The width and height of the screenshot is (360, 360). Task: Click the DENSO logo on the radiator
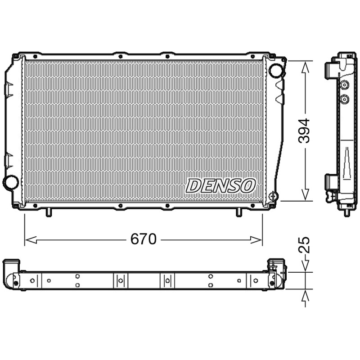pos(220,185)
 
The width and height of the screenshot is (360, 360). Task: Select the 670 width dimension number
pos(144,239)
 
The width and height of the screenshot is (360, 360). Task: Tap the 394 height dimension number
pos(304,130)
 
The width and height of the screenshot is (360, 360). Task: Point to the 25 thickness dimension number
pos(304,245)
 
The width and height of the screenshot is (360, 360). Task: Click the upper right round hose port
pos(276,70)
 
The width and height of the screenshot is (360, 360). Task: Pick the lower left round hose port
pos(11,182)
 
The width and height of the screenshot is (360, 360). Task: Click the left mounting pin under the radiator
pos(49,212)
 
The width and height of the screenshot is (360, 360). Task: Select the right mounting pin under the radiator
pos(239,212)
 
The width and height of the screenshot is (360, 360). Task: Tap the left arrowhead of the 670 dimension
pos(31,240)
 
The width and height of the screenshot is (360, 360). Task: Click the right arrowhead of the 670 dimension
pos(256,240)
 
